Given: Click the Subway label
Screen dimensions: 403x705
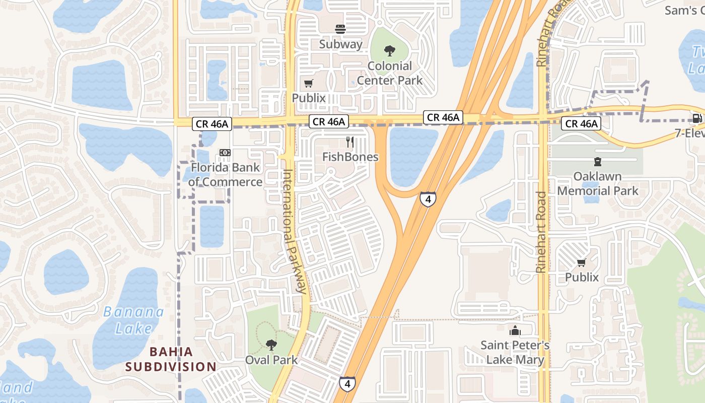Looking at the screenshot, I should pos(340,44).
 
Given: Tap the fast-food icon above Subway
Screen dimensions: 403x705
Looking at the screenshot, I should pos(340,29).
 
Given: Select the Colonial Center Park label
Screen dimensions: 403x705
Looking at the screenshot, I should pos(390,73).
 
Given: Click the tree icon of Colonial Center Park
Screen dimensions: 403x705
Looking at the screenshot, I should pos(389,50).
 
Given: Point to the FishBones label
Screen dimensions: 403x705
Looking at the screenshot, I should pos(350,157).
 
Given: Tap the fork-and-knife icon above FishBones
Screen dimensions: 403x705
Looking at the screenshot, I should pos(350,142).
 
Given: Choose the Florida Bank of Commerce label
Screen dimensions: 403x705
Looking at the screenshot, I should pos(226,175).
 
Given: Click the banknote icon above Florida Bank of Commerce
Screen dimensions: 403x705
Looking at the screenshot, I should pos(225,153).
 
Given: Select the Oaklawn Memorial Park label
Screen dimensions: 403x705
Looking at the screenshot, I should pos(597,184).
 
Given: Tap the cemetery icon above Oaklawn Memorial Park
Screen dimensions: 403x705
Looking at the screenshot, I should pos(597,162).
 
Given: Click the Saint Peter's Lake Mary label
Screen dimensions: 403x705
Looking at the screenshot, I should pos(515,353).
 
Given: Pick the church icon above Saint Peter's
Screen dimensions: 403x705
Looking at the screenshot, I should pos(515,331).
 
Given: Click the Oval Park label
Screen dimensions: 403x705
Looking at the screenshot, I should pos(271,360).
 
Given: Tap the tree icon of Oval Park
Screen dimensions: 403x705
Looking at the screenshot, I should pos(271,345).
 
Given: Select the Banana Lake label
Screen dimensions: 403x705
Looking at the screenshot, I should pos(133,320).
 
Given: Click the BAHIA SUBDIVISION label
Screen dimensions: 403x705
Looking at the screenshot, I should pos(171,359).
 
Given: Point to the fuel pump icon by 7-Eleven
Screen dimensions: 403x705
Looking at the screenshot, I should pos(697,119).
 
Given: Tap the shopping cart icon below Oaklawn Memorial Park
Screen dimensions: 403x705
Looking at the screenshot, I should pos(582,262).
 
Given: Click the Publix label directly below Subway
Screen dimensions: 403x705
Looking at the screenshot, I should pos(309,98).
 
